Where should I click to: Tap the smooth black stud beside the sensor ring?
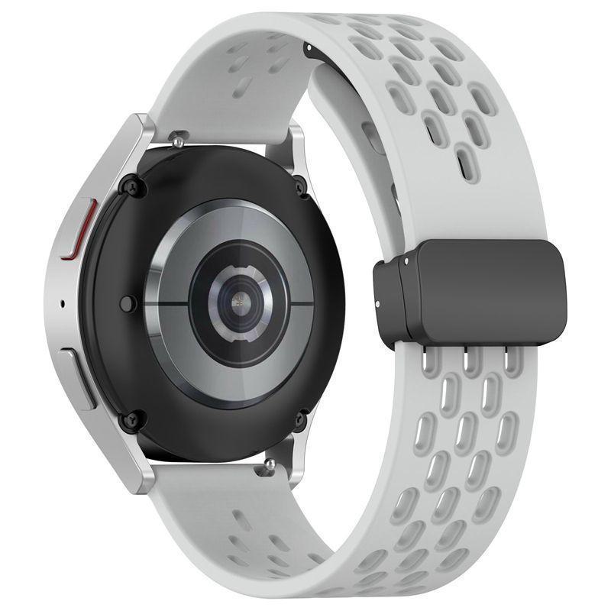129,303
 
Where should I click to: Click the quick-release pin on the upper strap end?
180,140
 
